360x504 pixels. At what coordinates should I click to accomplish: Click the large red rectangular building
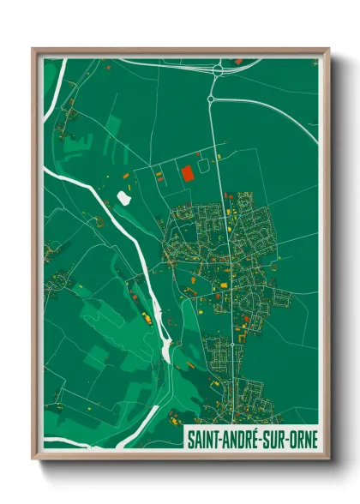pyautogui.click(x=187, y=172)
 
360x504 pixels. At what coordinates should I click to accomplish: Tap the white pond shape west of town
pyautogui.click(x=124, y=198)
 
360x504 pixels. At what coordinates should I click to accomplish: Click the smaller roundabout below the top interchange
pyautogui.click(x=211, y=100)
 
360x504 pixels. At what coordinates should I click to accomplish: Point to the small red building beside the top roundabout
pyautogui.click(x=238, y=62)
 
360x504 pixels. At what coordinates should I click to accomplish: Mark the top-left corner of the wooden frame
pyautogui.click(x=33, y=50)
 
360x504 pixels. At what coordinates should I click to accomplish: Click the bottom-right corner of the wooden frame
pyautogui.click(x=328, y=460)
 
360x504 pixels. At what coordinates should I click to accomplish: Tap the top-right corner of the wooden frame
pyautogui.click(x=328, y=50)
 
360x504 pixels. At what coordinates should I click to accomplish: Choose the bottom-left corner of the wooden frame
pyautogui.click(x=33, y=460)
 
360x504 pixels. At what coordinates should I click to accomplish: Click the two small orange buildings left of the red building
pyautogui.click(x=159, y=177)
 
